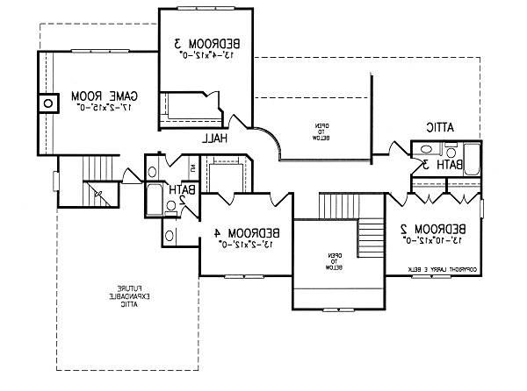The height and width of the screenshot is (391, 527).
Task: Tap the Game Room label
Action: (101, 95)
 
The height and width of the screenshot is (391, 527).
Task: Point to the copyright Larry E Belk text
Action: (442, 269)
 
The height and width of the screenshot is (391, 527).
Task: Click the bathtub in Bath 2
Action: (155, 199)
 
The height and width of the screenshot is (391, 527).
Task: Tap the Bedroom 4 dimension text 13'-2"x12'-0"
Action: (249, 244)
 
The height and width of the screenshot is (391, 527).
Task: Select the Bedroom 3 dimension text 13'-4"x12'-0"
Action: (206, 53)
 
